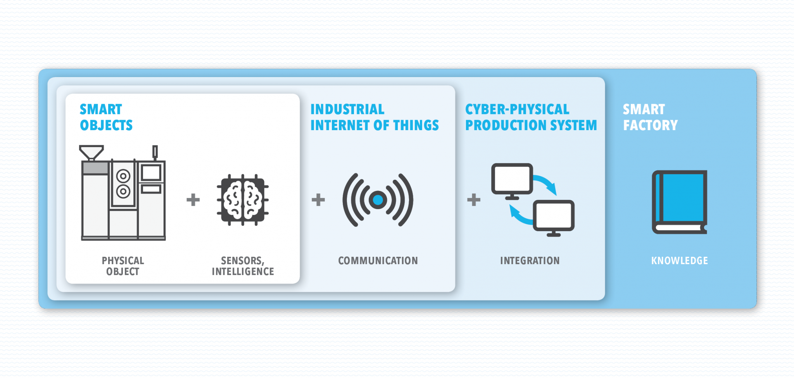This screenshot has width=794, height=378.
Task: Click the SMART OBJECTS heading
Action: click(106, 117)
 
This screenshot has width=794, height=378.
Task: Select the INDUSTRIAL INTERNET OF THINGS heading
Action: click(374, 117)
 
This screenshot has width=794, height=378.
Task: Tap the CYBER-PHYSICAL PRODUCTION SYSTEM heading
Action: click(531, 117)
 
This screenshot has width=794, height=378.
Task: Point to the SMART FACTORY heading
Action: click(650, 117)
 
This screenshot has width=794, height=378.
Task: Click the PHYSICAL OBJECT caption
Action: click(123, 266)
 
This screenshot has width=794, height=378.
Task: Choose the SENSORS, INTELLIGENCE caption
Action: click(243, 266)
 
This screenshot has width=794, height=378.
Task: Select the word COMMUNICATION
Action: click(378, 261)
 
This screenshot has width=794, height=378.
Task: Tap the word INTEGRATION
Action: click(530, 261)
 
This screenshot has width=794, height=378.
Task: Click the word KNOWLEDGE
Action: click(679, 261)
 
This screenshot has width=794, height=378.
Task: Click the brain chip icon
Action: click(243, 200)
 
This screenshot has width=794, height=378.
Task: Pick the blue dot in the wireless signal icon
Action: click(378, 200)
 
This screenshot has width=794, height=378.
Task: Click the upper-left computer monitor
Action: click(512, 179)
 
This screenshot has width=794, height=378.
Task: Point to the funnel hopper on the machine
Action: click(91, 152)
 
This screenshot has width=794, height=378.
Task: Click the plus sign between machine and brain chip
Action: click(193, 200)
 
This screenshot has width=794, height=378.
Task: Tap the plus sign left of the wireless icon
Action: click(318, 200)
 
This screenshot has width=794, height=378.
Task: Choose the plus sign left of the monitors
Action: click(474, 200)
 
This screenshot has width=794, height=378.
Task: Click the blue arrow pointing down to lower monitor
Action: click(547, 184)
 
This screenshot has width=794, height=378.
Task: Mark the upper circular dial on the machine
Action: click(123, 176)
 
